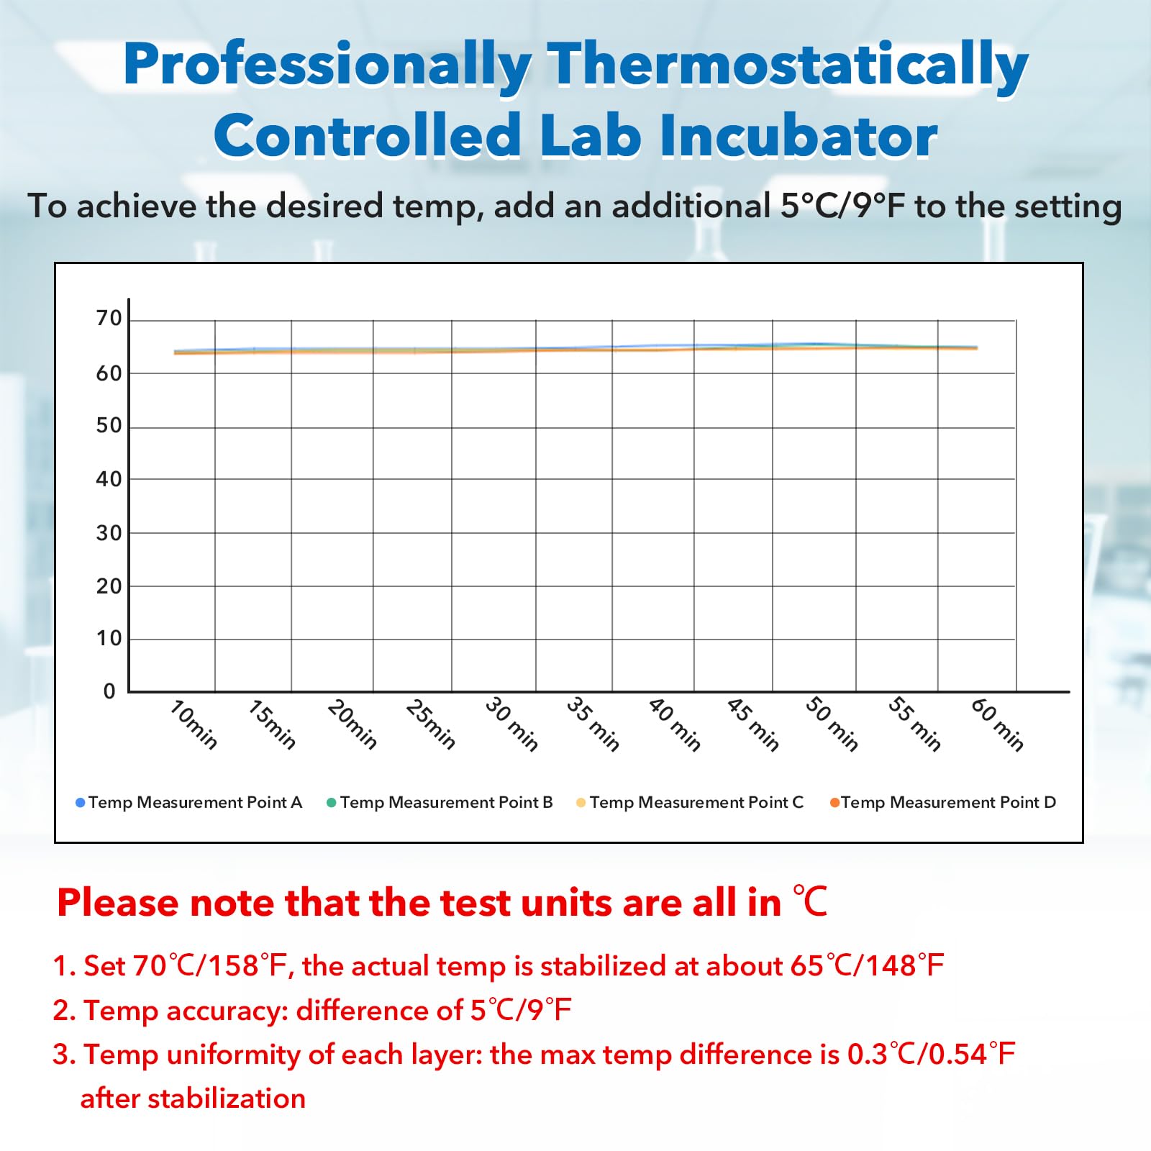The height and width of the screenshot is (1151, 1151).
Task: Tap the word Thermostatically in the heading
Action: tap(788, 66)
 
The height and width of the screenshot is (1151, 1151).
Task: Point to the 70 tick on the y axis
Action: tap(109, 318)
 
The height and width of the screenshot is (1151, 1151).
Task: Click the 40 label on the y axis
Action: tap(109, 478)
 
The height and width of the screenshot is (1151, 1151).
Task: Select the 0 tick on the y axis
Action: tap(109, 691)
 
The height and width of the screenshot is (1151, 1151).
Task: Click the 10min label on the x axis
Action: tap(194, 724)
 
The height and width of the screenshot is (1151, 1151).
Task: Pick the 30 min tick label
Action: tap(511, 724)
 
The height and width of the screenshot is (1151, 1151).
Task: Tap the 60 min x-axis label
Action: tap(997, 724)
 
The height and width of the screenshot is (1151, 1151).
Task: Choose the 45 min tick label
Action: tap(753, 724)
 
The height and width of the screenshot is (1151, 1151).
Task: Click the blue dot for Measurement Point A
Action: tap(81, 803)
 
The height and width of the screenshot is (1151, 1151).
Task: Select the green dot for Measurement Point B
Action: tap(332, 803)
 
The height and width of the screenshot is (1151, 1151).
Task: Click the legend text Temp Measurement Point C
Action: tap(696, 802)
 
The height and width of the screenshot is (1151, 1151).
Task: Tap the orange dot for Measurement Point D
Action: tap(834, 803)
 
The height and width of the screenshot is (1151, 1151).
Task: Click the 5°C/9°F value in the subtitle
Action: tap(842, 206)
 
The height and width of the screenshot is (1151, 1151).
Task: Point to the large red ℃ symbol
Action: tap(811, 901)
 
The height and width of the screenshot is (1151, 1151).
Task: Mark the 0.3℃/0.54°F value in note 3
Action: tap(931, 1054)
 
